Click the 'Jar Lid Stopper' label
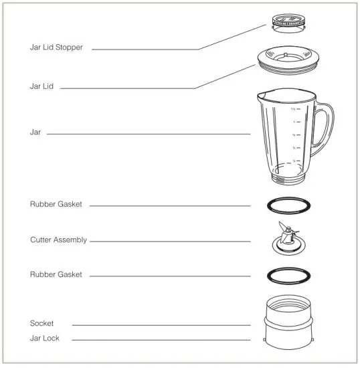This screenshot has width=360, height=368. click(x=56, y=48)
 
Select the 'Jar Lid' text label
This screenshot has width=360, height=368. click(x=41, y=87)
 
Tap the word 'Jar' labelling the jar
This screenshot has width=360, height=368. click(x=35, y=132)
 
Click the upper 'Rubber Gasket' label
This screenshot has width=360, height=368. click(x=56, y=204)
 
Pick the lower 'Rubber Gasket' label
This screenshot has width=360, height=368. click(x=56, y=274)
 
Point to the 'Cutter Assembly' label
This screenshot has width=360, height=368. click(x=58, y=240)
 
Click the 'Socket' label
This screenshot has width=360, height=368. click(x=41, y=323)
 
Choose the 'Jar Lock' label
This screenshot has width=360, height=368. click(x=45, y=338)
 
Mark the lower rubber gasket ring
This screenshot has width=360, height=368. click(x=288, y=274)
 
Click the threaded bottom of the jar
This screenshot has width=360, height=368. click(x=288, y=179)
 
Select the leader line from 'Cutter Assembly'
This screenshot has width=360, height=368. click(x=167, y=240)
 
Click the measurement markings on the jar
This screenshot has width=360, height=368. click(x=294, y=134)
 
